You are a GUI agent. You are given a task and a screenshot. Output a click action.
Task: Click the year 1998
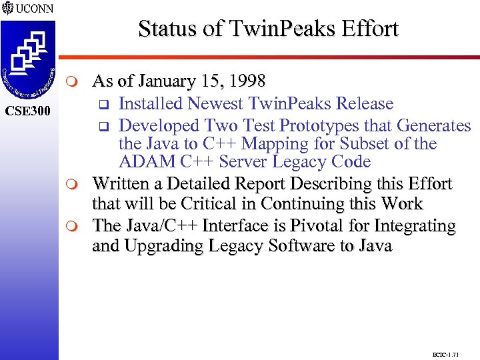pyautogui.click(x=245, y=82)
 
